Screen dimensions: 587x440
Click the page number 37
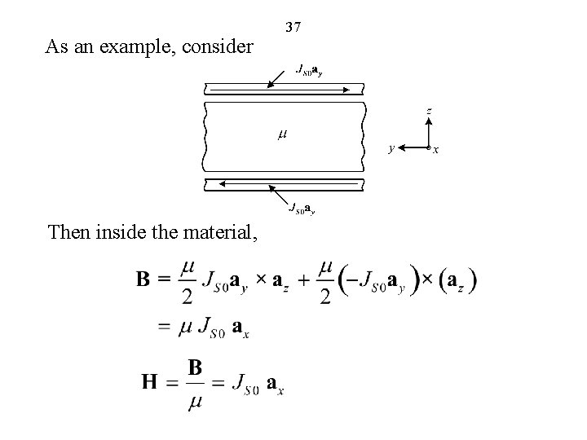(293, 27)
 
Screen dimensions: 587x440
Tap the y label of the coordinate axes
(392, 148)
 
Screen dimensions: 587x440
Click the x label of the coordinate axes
(436, 149)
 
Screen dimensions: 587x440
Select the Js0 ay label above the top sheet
(307, 70)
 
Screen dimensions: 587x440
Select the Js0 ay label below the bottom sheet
(302, 209)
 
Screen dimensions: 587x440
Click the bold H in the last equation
(150, 381)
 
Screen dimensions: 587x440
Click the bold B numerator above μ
(196, 367)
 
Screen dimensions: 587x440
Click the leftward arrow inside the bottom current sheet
(285, 186)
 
